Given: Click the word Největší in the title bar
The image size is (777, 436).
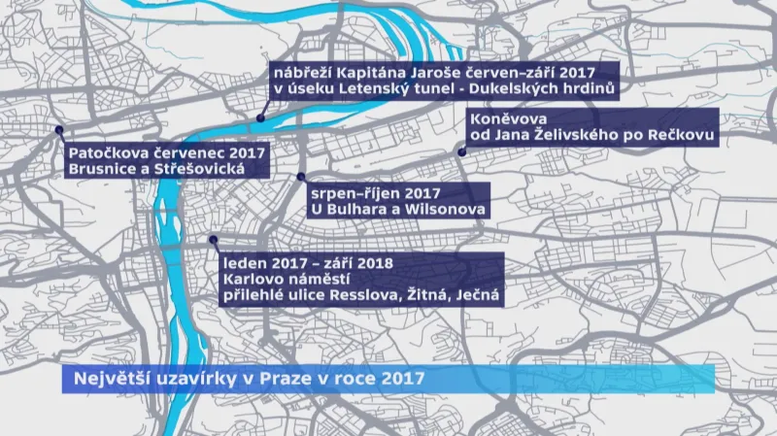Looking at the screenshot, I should [x=99, y=378].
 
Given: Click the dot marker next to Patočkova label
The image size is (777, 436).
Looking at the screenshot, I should [x=59, y=130].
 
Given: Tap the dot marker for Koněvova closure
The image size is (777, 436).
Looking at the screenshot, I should [x=461, y=151].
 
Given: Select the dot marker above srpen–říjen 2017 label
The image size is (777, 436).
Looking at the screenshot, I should [x=301, y=177].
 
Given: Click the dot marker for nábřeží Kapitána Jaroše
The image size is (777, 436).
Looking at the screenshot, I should [x=260, y=118].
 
